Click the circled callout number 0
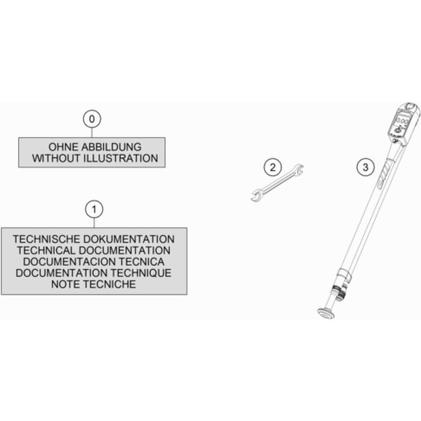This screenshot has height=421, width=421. tap(92, 119)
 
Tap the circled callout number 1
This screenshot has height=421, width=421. tap(94, 209)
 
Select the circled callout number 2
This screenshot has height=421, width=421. tap(272, 168)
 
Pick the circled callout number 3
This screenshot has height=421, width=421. tap(366, 168)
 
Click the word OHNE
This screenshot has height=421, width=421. tap(63, 147)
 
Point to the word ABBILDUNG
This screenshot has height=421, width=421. tap(111, 147)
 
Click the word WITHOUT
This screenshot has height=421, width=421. tap(57, 158)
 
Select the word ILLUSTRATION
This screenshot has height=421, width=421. tap(121, 158)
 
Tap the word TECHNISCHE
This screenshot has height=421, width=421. tap(47, 239)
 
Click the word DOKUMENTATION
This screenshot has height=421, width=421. tap(129, 239)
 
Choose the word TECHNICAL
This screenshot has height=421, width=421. tap(46, 251)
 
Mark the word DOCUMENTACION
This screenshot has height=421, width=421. tap(69, 262)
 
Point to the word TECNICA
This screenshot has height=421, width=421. tap(141, 262)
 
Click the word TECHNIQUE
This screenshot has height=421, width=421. tap(141, 273)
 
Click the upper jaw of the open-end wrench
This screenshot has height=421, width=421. tap(299, 168)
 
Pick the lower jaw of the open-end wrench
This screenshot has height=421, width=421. tap(256, 195)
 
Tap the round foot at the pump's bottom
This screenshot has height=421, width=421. tap(326, 313)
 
